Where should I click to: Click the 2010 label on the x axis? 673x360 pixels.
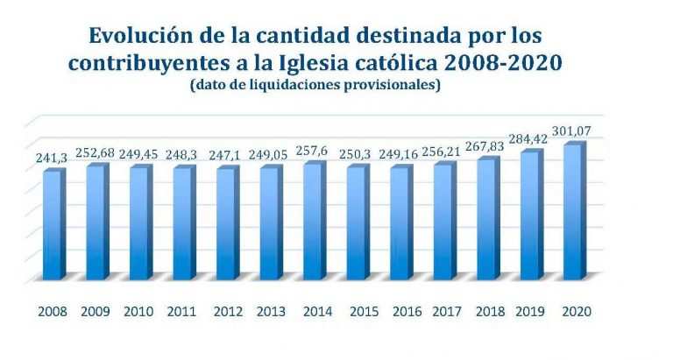[139, 312]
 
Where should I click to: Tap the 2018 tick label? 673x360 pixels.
[489, 312]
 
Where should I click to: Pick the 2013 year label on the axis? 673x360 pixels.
[271, 312]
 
